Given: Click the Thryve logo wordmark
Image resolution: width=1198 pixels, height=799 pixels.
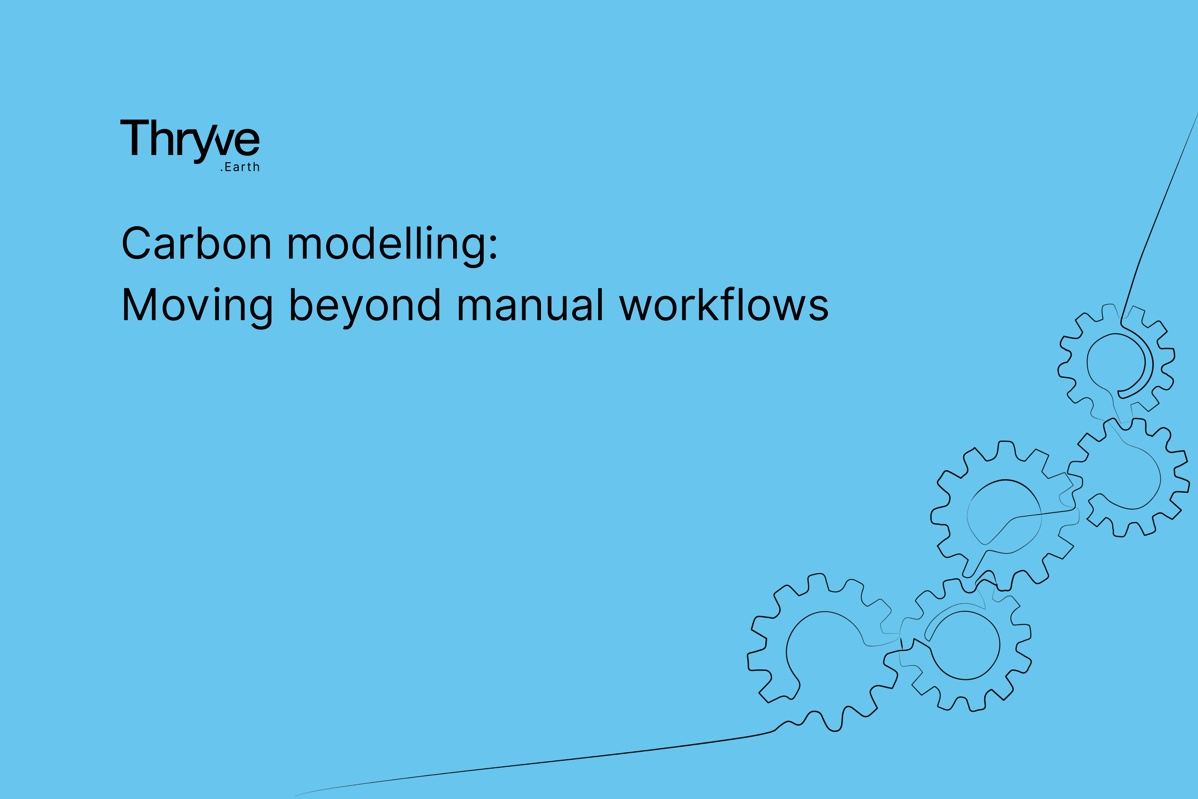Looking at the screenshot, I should (x=190, y=138).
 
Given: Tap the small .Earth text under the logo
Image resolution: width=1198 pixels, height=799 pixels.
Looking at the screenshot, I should (x=240, y=167).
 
